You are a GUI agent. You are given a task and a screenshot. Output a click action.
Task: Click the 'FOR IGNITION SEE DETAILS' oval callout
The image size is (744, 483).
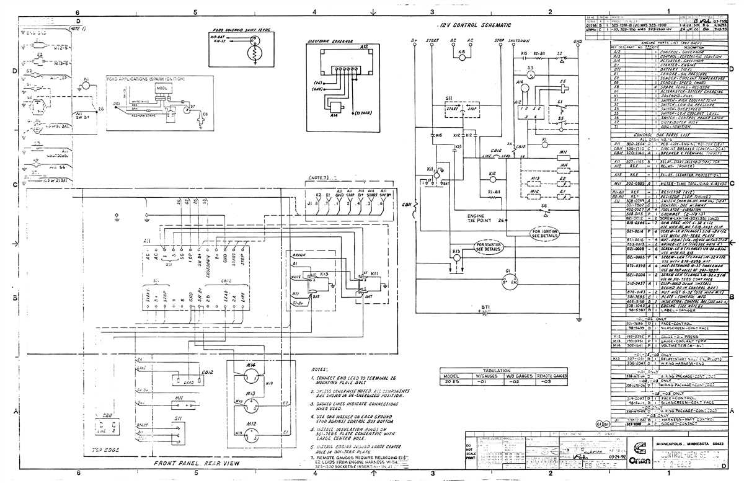click(x=545, y=234)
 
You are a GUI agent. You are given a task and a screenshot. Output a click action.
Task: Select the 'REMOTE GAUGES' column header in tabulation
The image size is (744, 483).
click(x=552, y=375)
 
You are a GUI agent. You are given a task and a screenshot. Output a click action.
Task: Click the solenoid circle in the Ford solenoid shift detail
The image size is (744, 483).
click(x=252, y=55)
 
